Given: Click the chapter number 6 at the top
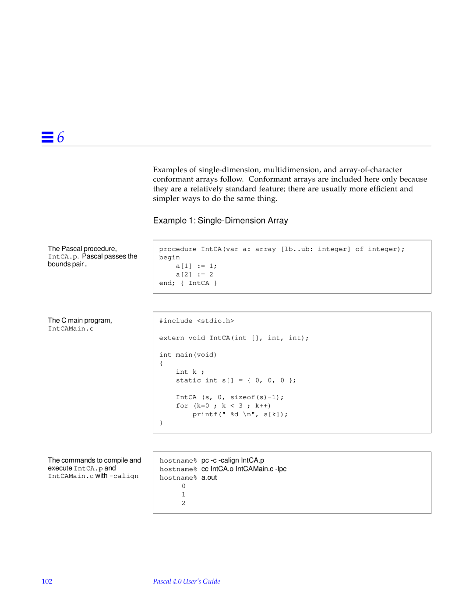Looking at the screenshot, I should (x=60, y=137).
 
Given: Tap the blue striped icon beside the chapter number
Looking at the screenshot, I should (x=47, y=137).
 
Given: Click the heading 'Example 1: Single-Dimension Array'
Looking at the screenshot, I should (x=220, y=220).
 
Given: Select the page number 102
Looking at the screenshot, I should (x=47, y=581).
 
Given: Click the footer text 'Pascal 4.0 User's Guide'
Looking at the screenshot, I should (x=187, y=581).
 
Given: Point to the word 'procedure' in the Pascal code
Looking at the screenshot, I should (x=177, y=249).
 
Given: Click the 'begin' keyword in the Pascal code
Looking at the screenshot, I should (x=169, y=258).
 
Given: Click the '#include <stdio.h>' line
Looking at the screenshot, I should (x=197, y=321).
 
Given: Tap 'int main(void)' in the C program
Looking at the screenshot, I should (x=188, y=355).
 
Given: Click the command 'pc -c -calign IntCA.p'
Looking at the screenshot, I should (x=233, y=460).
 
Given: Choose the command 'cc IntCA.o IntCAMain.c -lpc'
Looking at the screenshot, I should (x=244, y=469).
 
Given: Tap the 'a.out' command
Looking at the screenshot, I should (x=209, y=478).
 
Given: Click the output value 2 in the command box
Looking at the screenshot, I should (x=184, y=503).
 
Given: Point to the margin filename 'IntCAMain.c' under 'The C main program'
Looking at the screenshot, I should (x=71, y=329).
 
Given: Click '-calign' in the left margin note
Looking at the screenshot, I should (x=124, y=476).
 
